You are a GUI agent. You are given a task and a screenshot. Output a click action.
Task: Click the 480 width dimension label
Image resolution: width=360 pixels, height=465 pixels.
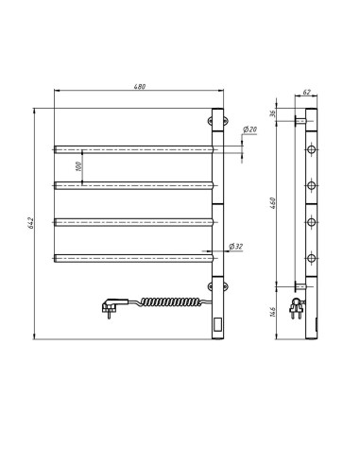click(x=139, y=87)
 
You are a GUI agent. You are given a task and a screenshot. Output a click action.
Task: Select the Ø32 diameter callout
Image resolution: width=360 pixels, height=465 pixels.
click(x=238, y=247)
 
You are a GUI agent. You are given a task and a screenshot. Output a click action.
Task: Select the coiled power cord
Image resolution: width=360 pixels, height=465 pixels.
click(x=170, y=302)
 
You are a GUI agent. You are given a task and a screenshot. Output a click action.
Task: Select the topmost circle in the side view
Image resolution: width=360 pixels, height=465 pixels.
click(x=311, y=149)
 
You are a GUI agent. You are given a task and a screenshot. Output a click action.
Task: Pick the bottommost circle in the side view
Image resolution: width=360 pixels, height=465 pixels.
click(x=311, y=256)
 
